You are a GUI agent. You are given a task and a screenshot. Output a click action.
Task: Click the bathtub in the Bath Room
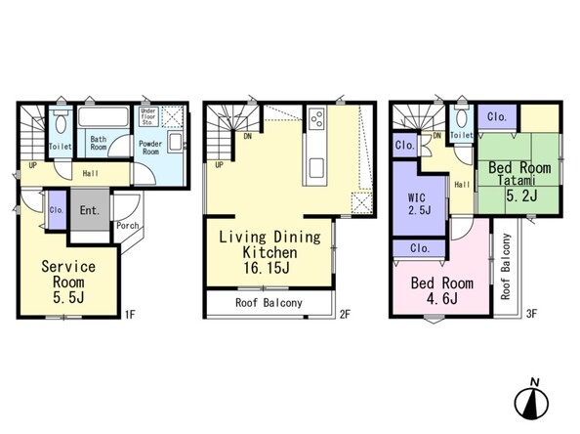click(104, 116)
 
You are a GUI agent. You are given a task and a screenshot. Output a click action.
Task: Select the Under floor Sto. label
click(148, 116)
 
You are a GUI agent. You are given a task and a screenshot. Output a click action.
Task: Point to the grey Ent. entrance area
click(90, 210)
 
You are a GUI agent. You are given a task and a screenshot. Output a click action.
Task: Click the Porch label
click(128, 225)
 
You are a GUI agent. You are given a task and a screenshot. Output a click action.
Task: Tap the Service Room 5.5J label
click(68, 282)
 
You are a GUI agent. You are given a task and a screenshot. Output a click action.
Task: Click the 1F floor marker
click(130, 315)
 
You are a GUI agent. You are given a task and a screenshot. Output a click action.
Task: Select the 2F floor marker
click(345, 315)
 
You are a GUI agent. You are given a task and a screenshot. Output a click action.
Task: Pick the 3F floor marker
click(531, 315)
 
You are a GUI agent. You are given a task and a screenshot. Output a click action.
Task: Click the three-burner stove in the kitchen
click(316, 118)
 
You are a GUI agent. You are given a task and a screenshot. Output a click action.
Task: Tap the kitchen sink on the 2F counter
click(316, 168)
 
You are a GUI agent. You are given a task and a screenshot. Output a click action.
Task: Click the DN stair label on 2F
click(248, 136)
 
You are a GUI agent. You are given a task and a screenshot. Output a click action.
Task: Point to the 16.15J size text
click(267, 268)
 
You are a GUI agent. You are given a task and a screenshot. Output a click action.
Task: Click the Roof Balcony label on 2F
click(269, 303)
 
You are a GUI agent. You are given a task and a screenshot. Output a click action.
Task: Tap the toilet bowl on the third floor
click(461, 119)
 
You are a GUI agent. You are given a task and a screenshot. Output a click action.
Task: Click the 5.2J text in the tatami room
click(521, 195)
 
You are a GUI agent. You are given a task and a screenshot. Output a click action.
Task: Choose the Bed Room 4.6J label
click(442, 290)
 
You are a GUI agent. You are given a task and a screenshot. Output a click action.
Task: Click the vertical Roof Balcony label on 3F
click(506, 266)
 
